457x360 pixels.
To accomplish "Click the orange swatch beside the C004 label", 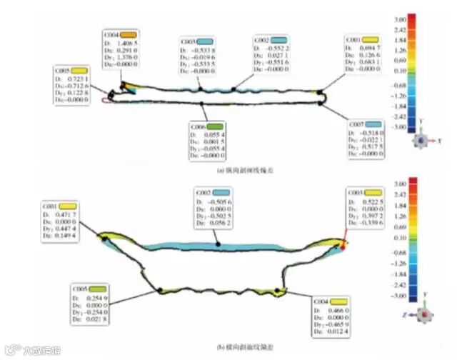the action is click(129, 34).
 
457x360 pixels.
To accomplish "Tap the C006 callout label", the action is click(199, 126).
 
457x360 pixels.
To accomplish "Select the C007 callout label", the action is click(356, 124).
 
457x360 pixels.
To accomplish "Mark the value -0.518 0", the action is click(372, 133).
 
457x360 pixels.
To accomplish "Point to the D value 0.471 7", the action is click(66, 215).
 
